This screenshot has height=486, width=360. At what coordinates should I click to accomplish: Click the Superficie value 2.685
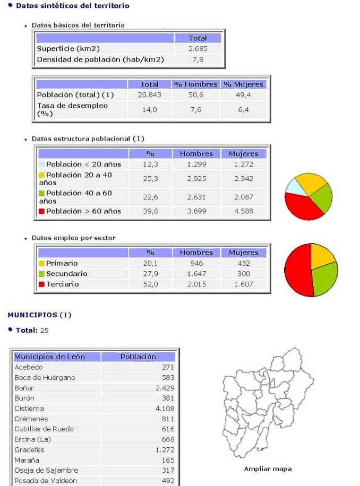[x=198, y=49]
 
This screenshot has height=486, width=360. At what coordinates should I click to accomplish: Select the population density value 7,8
[x=198, y=59]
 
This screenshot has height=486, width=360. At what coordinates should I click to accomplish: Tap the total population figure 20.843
[x=149, y=95]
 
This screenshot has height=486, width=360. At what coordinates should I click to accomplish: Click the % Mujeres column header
[x=243, y=84]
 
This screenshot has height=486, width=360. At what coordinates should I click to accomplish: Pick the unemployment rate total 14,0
[x=149, y=110]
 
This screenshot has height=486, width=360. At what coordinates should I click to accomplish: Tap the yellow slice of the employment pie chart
[x=321, y=256]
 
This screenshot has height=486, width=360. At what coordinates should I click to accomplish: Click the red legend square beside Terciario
[x=41, y=284]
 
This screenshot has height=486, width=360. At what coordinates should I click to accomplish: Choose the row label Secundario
[x=66, y=274]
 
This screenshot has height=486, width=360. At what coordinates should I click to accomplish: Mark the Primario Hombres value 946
[x=196, y=263]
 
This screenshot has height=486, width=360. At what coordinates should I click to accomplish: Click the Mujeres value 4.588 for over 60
[x=243, y=211]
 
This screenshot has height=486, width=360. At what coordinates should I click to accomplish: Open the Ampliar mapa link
[x=268, y=469]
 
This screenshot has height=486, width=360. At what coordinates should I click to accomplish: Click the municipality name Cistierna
[x=29, y=409]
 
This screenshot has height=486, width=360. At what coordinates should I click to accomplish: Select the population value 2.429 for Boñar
[x=165, y=388]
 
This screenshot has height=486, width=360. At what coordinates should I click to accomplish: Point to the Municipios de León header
[x=49, y=357]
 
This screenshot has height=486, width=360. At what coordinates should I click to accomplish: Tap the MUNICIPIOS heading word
[x=32, y=315]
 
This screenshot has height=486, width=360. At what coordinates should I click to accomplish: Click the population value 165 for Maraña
[x=168, y=460]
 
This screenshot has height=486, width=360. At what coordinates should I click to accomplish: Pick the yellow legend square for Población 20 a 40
[x=41, y=175]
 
